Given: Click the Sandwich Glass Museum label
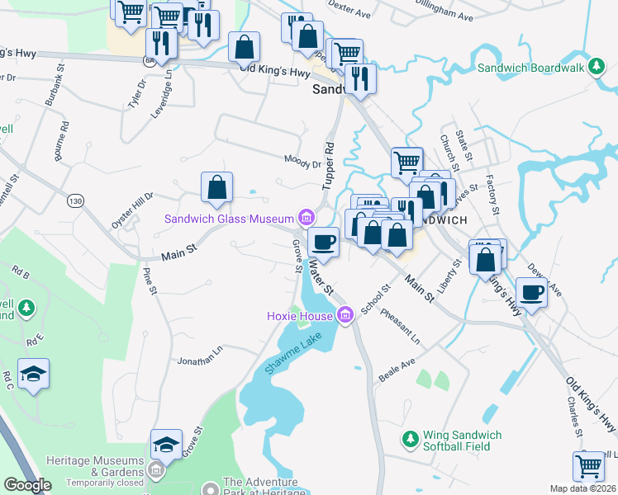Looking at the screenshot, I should point(230,219).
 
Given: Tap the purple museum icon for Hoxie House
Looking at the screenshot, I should point(345,314).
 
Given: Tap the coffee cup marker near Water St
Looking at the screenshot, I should point(323,243).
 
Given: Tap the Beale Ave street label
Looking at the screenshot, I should point(397,365).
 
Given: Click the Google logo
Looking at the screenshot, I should point(27,485).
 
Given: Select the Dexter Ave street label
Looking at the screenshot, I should point(349,12).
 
